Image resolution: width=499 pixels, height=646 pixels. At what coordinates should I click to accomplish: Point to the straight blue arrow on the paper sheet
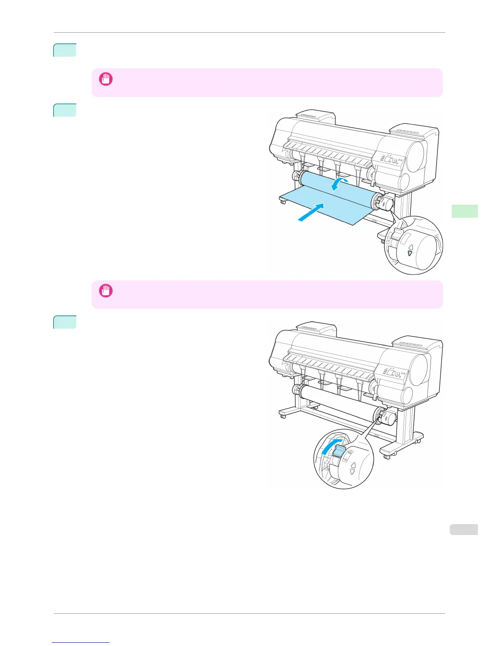pyautogui.click(x=311, y=212)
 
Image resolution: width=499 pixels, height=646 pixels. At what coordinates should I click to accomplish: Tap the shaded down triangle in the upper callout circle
pyautogui.click(x=410, y=254)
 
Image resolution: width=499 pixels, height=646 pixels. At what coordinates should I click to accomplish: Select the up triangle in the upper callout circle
pyautogui.click(x=411, y=246)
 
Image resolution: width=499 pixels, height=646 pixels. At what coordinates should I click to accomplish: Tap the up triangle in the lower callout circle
pyautogui.click(x=353, y=465)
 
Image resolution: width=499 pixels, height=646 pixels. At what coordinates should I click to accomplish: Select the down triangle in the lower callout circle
pyautogui.click(x=353, y=473)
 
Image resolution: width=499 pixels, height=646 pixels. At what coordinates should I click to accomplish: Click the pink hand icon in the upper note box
pyautogui.click(x=106, y=79)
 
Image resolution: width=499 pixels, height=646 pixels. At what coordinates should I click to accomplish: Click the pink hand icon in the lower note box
pyautogui.click(x=106, y=291)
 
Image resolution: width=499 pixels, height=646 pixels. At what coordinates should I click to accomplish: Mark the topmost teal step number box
pyautogui.click(x=65, y=50)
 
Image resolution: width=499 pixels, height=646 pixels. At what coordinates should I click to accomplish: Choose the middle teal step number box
pyautogui.click(x=65, y=110)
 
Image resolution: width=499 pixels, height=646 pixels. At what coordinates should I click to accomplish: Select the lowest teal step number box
pyautogui.click(x=65, y=322)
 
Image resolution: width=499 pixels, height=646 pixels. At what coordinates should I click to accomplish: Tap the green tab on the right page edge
pyautogui.click(x=464, y=211)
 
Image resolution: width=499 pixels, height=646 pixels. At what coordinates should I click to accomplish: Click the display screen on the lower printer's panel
pyautogui.click(x=392, y=373)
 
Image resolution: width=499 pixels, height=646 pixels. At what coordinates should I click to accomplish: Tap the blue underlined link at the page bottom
pyautogui.click(x=81, y=643)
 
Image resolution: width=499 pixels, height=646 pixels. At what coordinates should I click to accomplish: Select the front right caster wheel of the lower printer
pyautogui.click(x=386, y=456)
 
